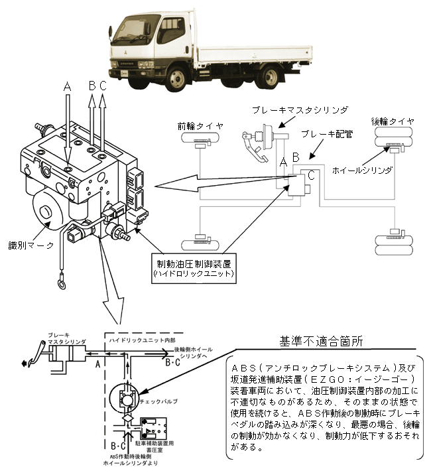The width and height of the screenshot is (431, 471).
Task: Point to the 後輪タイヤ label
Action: [x=393, y=121]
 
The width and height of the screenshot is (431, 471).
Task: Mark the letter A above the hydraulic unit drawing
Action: [x=66, y=86]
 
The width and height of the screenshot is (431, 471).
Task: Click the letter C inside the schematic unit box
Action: [x=310, y=176]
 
